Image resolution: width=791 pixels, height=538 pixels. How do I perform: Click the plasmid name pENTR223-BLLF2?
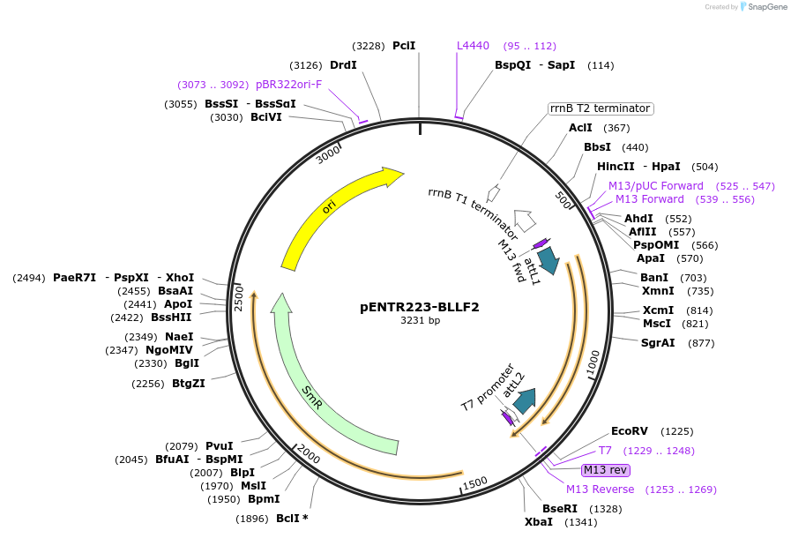[x=420, y=307]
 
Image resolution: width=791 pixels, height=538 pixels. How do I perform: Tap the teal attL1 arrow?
[x=548, y=259]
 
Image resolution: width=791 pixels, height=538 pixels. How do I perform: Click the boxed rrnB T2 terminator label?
[x=601, y=108]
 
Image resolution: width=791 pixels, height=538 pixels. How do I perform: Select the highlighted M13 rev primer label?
[x=606, y=470]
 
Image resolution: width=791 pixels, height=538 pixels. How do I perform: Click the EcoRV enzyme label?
[x=629, y=431]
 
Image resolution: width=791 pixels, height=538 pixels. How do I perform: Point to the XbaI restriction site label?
[x=538, y=521]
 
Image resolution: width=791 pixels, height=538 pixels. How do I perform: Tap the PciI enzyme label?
[x=404, y=45]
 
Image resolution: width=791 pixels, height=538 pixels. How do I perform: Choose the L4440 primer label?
[x=473, y=45]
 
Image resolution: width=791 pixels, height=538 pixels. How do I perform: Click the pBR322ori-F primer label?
[x=288, y=85]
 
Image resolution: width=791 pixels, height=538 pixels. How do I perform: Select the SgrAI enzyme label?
[x=658, y=342]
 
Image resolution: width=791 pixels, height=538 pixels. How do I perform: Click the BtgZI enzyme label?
[x=188, y=383]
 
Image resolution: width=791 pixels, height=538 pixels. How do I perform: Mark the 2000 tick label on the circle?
[x=309, y=454]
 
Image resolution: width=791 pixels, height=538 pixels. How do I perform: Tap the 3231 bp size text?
[x=420, y=321]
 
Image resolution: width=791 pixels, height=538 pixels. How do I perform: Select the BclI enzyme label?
[x=287, y=519]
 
